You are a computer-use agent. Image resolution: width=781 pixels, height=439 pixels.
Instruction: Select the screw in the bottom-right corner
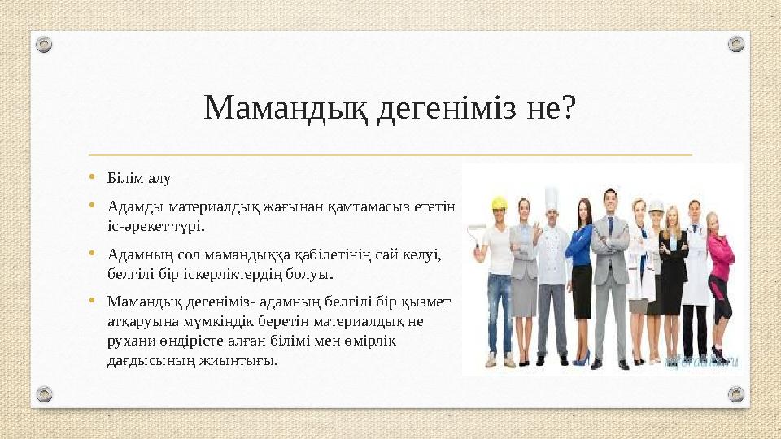735,394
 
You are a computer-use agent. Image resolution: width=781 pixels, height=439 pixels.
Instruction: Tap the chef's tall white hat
551,198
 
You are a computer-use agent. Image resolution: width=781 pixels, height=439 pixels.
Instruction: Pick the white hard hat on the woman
656,206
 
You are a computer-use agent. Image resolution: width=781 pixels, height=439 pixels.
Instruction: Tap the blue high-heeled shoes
582,358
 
